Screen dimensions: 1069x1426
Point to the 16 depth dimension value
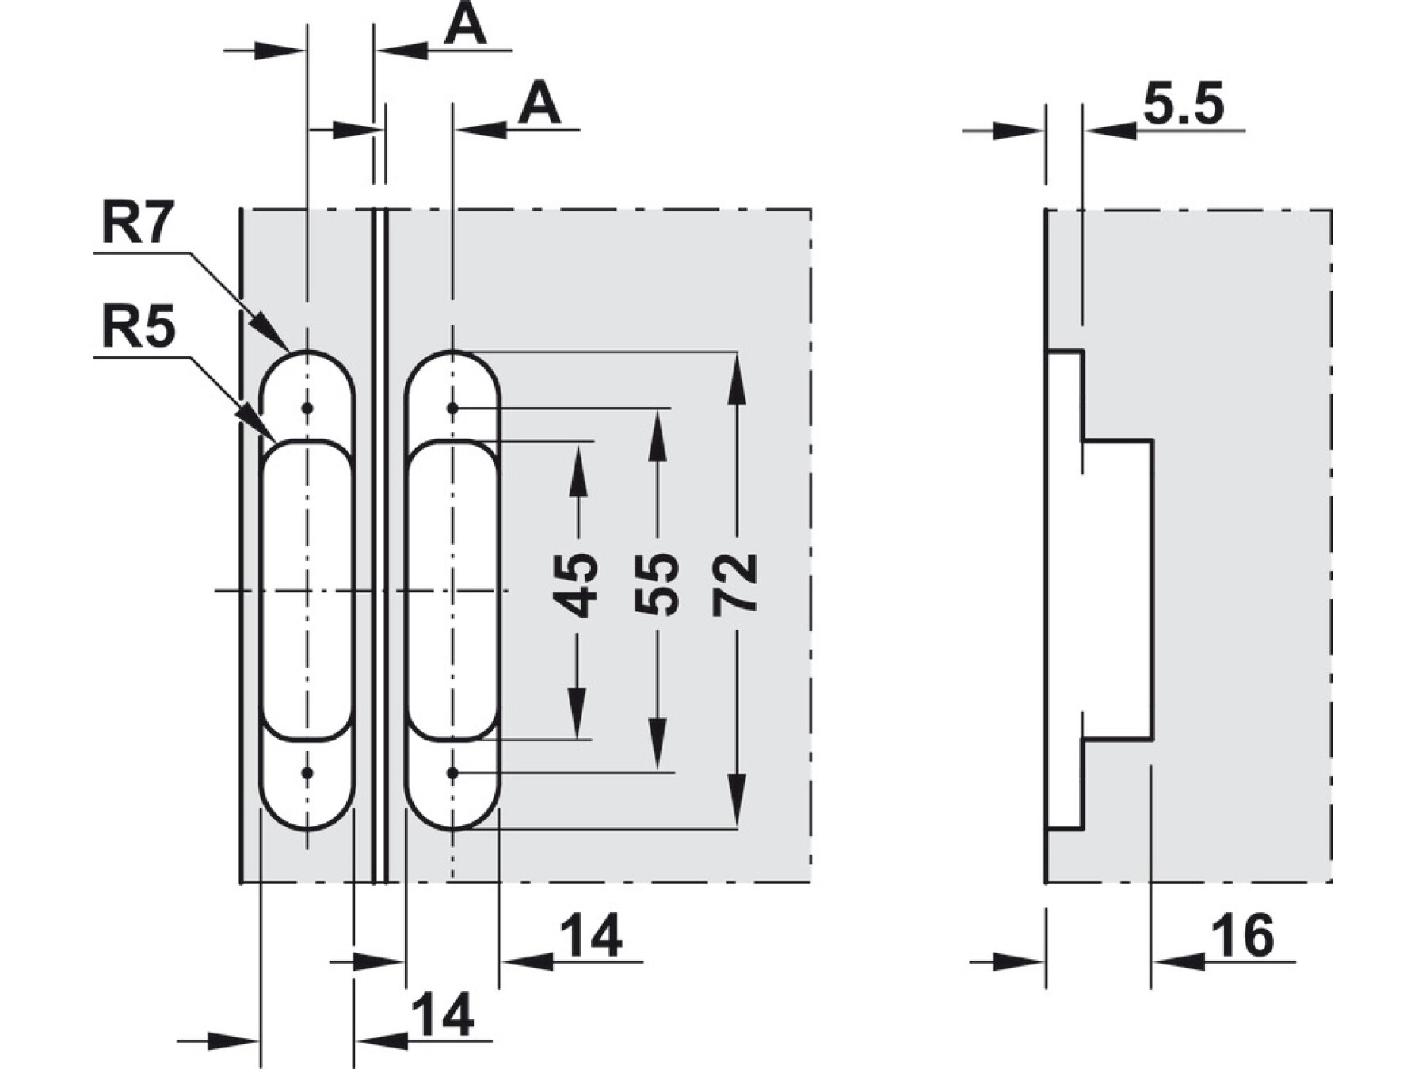(1246, 936)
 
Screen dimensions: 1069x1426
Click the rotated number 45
(576, 585)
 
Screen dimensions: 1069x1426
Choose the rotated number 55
(657, 585)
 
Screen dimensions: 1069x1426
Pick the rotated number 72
(735, 585)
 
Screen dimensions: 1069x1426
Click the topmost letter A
(465, 25)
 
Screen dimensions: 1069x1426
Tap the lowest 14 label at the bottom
(444, 1015)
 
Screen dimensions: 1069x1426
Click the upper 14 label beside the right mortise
(591, 936)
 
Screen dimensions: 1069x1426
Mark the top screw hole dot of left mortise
(307, 409)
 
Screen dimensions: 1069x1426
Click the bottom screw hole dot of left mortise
(307, 772)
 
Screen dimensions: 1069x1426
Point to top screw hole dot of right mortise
(452, 409)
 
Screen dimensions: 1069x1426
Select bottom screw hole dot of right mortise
(452, 772)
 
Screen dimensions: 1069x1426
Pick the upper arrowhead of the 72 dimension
(737, 372)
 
